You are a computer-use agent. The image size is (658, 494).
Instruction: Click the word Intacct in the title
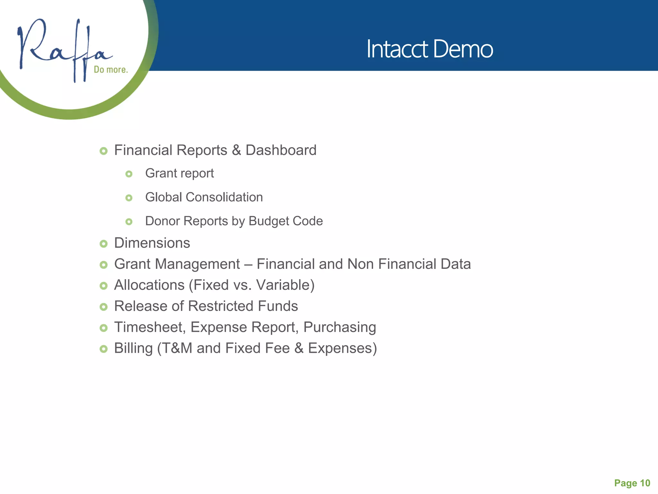pos(397,49)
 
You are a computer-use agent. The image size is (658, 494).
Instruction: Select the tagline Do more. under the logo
pos(111,69)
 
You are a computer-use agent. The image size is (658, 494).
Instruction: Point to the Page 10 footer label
pos(632,483)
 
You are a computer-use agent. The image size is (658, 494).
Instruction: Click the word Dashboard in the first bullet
pos(281,150)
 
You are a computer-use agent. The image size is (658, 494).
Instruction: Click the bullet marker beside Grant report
pos(129,174)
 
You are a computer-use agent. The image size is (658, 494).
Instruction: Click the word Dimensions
pos(152,243)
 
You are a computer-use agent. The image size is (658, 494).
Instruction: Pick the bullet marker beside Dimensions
pos(103,244)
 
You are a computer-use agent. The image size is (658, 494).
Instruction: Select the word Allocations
pos(149,285)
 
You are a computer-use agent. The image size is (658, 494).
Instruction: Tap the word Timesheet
pos(150,327)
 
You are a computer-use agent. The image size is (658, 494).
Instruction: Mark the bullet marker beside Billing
pos(103,349)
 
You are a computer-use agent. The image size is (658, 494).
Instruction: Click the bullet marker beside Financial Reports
pos(103,151)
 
